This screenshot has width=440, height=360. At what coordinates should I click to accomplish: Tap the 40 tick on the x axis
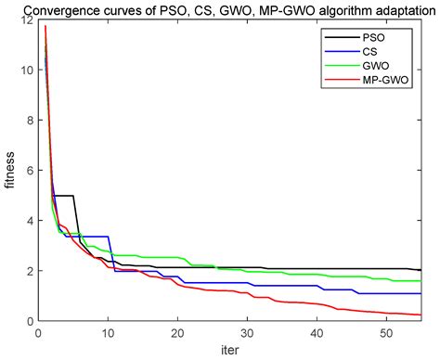[317, 332]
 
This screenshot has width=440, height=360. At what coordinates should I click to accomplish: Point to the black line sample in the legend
[335, 37]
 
